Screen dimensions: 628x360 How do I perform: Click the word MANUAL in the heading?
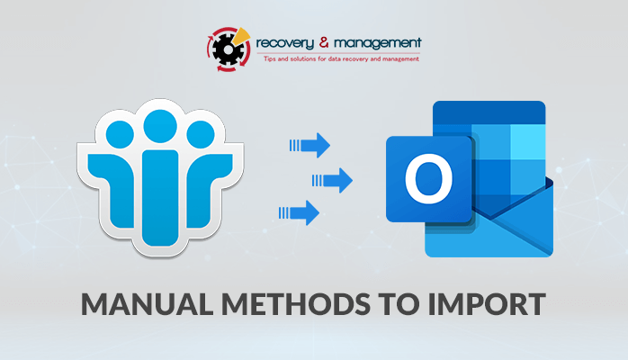(147, 304)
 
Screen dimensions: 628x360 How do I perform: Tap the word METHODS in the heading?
(296, 304)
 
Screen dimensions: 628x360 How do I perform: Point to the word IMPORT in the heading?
(487, 304)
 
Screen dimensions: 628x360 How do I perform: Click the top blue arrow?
(310, 146)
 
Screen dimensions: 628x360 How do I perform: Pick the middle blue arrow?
(332, 181)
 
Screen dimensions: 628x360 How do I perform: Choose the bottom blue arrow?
(300, 212)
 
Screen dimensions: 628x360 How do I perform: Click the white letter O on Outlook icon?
(428, 178)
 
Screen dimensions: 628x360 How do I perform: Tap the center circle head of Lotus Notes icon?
(160, 126)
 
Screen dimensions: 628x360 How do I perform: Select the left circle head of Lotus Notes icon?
(121, 134)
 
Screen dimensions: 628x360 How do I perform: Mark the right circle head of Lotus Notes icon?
(201, 134)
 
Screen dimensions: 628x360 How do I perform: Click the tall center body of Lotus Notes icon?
(160, 198)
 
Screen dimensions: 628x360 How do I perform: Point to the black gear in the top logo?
(227, 49)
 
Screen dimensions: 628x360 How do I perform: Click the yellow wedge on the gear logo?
(241, 36)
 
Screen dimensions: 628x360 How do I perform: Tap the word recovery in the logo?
(285, 43)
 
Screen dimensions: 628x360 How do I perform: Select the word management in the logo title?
(378, 43)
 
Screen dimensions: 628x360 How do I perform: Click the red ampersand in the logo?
(324, 42)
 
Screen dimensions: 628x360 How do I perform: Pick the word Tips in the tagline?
(270, 58)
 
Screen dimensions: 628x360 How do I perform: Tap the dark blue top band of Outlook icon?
(489, 112)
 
